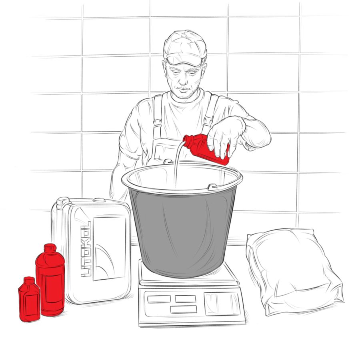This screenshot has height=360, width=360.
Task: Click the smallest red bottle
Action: pos(29,300)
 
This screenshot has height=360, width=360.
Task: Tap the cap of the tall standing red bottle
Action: pos(50,248)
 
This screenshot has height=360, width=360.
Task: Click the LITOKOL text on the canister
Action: pos(86,249)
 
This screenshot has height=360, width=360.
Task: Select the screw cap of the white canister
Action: pos(62,203)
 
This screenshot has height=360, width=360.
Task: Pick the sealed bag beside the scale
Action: pos(295,271)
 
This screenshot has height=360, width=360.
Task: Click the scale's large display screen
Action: pos(222,304)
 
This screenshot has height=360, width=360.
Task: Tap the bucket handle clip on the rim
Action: pos(213,187)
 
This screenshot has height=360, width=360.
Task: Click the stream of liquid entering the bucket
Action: pos(178,164)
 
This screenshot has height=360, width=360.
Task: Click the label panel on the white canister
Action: pos(109,248)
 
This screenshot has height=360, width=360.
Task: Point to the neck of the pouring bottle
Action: pos(188,140)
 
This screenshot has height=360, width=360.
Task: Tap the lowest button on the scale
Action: pos(184,309)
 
